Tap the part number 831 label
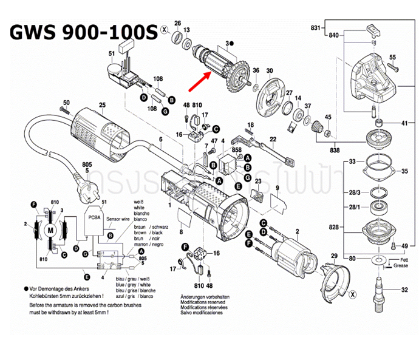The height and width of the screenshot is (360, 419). [x=315, y=29]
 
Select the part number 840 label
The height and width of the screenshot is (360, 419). [x=333, y=36]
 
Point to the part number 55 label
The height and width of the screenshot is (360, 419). [x=392, y=57]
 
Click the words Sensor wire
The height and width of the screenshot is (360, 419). [x=118, y=216]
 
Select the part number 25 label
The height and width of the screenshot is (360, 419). [x=102, y=106]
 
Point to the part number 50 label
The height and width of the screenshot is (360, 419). [x=66, y=103]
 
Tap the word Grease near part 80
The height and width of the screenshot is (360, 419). [x=402, y=266]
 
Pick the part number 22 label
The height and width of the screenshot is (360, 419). [x=273, y=139]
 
